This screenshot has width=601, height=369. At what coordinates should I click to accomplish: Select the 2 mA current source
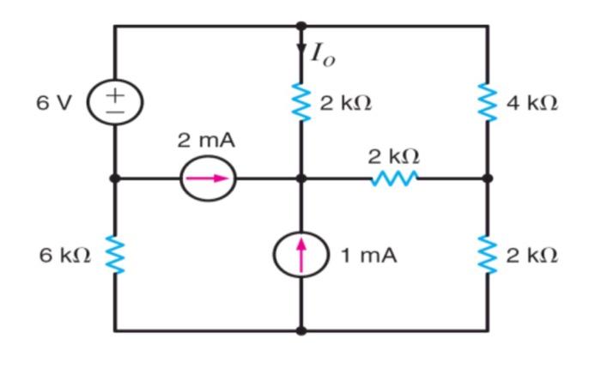click(x=207, y=178)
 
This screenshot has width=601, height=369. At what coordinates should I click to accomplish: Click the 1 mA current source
click(x=300, y=254)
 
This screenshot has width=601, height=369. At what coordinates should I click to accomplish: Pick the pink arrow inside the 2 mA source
click(x=209, y=178)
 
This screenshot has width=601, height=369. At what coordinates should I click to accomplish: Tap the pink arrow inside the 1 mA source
click(x=300, y=253)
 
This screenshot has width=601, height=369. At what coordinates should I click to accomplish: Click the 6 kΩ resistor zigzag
click(x=115, y=255)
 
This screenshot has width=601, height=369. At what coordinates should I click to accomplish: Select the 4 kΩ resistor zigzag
click(x=488, y=103)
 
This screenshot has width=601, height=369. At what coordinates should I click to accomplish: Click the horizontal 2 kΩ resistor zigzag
click(x=395, y=178)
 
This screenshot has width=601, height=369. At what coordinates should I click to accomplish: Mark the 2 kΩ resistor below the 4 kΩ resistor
click(x=488, y=255)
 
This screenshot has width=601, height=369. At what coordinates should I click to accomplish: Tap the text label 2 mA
click(x=206, y=140)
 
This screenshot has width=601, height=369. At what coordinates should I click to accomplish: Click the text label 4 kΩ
click(x=531, y=104)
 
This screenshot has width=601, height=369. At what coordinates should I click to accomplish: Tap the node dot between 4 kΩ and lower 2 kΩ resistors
click(x=488, y=178)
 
